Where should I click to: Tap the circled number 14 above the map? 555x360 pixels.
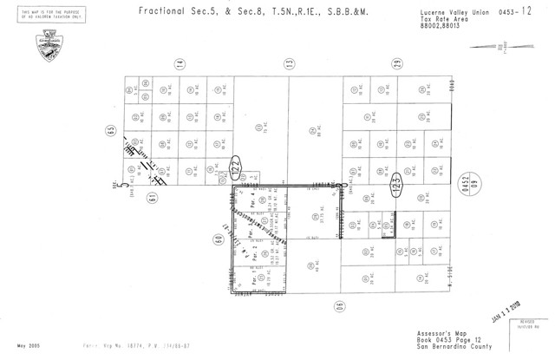tap(180, 64)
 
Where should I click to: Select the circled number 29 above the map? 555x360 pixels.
tap(396, 64)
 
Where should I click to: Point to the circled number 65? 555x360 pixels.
tap(111, 130)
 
